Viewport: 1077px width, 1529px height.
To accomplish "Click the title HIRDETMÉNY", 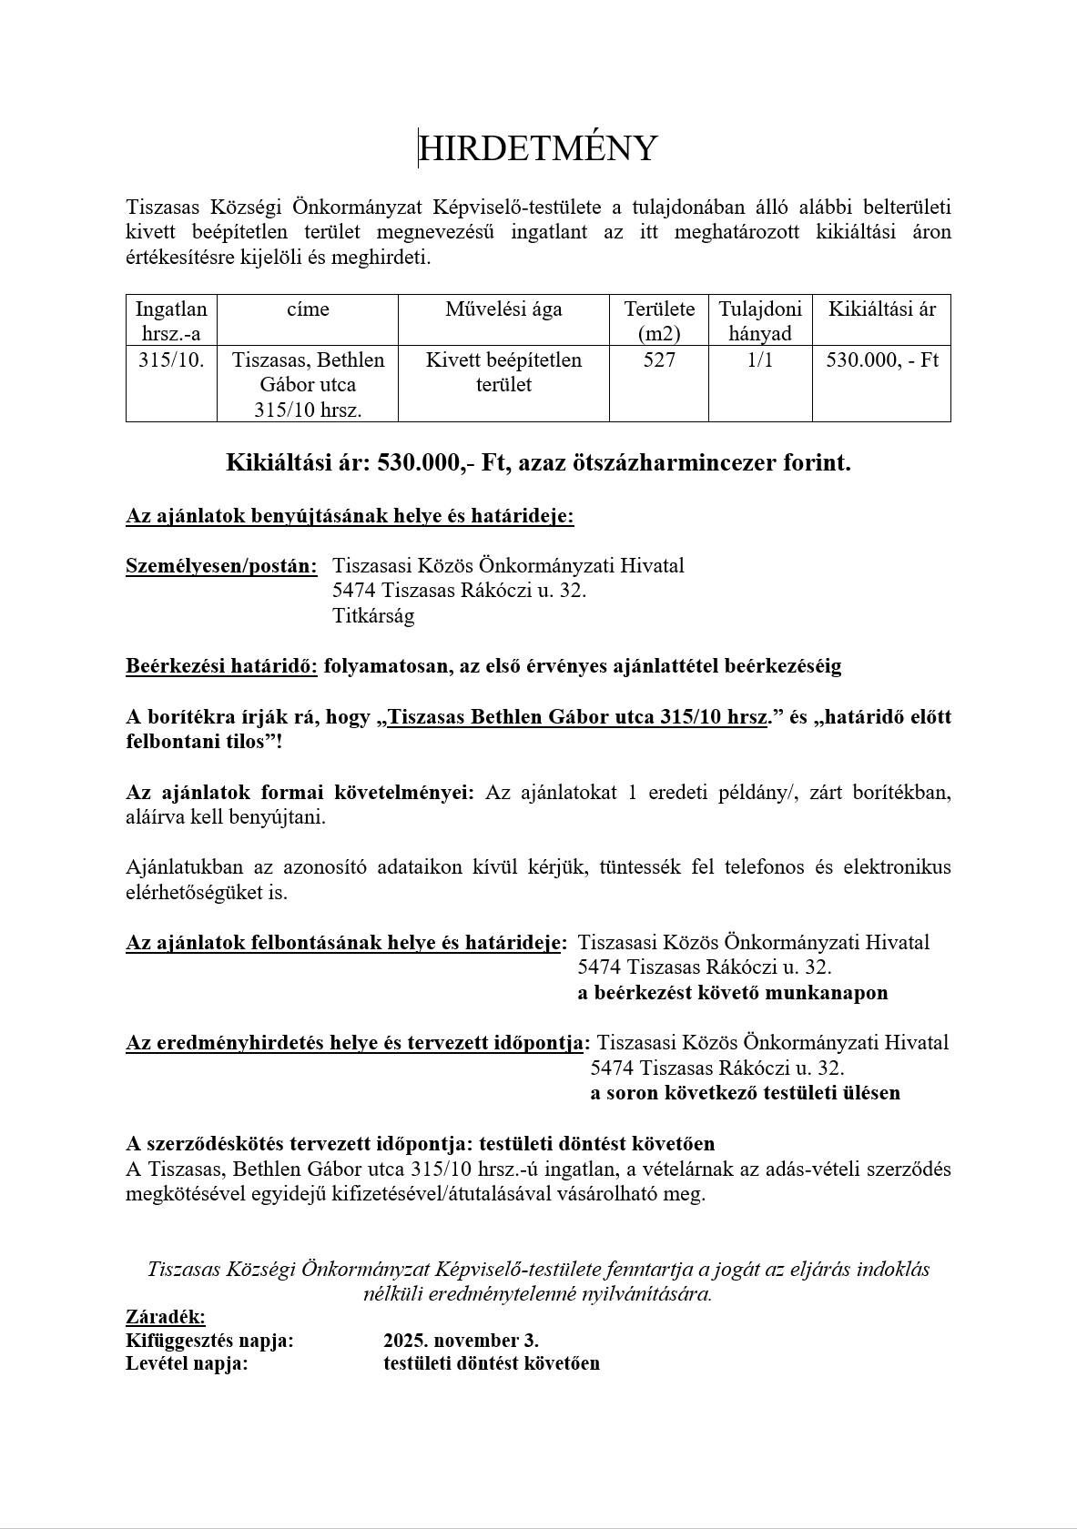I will click(538, 148).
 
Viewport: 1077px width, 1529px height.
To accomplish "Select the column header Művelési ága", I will click(503, 309).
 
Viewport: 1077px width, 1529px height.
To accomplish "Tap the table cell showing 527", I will click(659, 360).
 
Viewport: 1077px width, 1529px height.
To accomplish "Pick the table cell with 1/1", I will click(759, 360).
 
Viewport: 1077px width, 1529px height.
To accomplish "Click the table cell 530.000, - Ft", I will click(881, 360).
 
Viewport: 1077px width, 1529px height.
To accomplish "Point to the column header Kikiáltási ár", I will click(881, 309).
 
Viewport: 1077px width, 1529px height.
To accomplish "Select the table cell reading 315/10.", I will click(171, 360).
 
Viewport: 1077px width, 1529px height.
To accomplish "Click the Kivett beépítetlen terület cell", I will click(503, 372).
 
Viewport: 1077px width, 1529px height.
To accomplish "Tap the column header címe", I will click(308, 309).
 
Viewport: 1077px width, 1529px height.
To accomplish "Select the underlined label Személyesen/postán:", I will click(221, 566).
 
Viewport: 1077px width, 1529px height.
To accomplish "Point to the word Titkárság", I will click(373, 616).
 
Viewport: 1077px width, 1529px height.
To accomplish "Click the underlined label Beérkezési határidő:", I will click(221, 666).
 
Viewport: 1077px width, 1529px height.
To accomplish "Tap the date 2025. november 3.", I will click(461, 1341).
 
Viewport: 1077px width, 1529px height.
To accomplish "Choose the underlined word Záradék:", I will click(165, 1317).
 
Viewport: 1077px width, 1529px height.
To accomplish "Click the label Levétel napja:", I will click(187, 1364).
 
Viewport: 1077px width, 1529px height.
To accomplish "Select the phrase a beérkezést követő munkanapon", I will click(732, 993).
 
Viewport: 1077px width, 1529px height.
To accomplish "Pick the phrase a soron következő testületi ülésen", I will click(745, 1093).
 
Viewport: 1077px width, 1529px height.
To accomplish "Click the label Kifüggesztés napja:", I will click(209, 1341).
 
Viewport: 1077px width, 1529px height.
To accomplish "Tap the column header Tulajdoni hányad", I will click(759, 321).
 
